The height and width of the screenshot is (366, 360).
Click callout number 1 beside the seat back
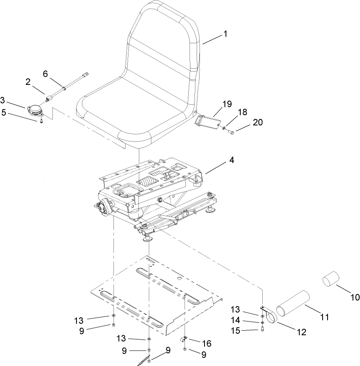(225, 34)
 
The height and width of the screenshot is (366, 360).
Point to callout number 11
(324, 317)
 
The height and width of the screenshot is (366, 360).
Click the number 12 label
(301, 332)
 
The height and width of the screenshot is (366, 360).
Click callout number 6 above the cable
(45, 73)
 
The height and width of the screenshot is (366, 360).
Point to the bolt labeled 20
(232, 132)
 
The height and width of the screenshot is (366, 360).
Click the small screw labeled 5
(42, 122)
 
